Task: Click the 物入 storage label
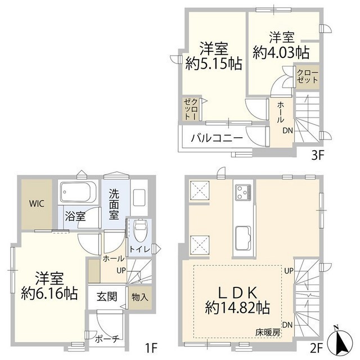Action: click(x=139, y=297)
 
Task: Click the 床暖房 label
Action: click(x=268, y=333)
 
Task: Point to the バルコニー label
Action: click(x=216, y=137)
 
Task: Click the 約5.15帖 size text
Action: click(x=214, y=64)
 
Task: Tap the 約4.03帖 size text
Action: click(x=280, y=52)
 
